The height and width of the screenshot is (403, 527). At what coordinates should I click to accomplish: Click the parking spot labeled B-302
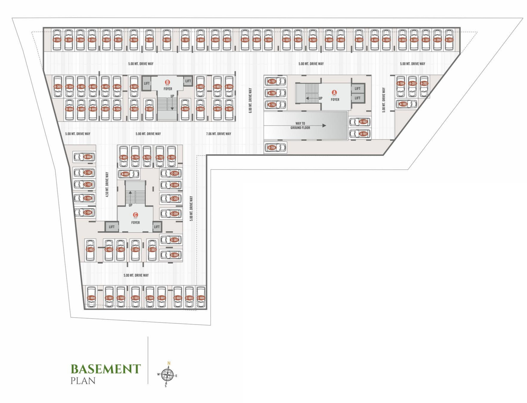coord(57,40)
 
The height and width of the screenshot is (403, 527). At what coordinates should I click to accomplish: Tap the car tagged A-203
coord(449,40)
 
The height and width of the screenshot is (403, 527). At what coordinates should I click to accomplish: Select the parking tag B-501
coord(134,87)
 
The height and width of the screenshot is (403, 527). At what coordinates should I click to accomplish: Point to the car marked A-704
coord(272,148)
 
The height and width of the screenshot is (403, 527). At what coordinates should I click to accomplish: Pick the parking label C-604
coord(201,298)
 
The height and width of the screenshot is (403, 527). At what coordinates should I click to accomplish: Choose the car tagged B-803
coord(88,157)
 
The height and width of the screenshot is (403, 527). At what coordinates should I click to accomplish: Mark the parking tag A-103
coord(403,104)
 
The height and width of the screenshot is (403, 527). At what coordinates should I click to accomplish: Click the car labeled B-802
coord(125,174)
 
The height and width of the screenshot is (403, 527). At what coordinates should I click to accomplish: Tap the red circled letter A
coord(334,93)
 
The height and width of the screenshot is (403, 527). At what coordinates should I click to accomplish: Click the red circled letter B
coord(167,82)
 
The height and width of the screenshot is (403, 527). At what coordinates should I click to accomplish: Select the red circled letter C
coord(135,215)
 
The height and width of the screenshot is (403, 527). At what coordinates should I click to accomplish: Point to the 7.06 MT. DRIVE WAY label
coord(218,134)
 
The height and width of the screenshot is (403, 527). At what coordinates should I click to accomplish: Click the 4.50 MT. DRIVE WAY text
coord(107,184)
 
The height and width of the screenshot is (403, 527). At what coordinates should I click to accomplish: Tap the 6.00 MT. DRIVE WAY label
coord(250,100)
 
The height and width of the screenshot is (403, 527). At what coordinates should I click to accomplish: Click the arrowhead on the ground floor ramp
coord(324,126)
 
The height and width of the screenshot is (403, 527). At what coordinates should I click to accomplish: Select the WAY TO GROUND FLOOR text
coord(300,126)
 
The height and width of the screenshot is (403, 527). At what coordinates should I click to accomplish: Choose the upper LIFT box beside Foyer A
coord(358,89)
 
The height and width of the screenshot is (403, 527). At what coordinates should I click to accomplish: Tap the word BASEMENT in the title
coord(105,369)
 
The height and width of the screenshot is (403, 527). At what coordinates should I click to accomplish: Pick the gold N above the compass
coord(169,363)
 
